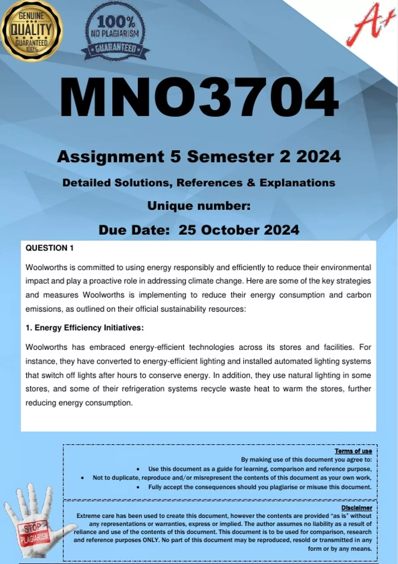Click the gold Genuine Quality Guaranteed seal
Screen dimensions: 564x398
point(32,31)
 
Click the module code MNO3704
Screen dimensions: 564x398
point(199,97)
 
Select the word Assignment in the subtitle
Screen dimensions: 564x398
point(110,157)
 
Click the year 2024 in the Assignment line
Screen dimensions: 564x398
point(318,157)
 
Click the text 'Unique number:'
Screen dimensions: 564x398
point(199,206)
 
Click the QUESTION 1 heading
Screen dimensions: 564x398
point(49,248)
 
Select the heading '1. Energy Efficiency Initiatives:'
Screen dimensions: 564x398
point(85,328)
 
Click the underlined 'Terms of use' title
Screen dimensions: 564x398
point(353,451)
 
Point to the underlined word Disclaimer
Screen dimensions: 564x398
point(357,508)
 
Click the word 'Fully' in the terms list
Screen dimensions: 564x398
point(156,487)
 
